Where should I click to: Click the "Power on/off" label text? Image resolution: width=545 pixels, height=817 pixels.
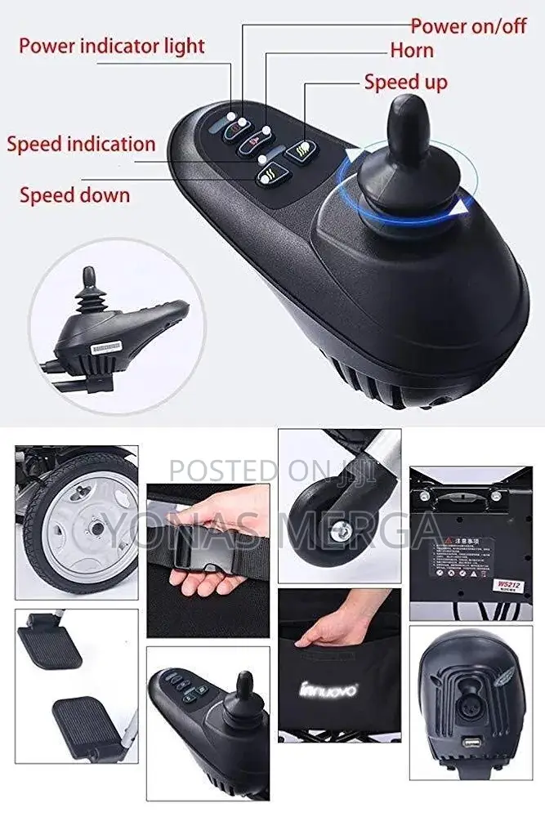[468, 25]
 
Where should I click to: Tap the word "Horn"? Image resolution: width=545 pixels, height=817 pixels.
[411, 51]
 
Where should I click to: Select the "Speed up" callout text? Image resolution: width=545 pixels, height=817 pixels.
[405, 82]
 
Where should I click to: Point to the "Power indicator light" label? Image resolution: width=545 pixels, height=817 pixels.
[111, 45]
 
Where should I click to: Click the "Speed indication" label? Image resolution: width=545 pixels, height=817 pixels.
[81, 145]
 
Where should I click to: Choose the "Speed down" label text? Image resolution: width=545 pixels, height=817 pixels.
[74, 195]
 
